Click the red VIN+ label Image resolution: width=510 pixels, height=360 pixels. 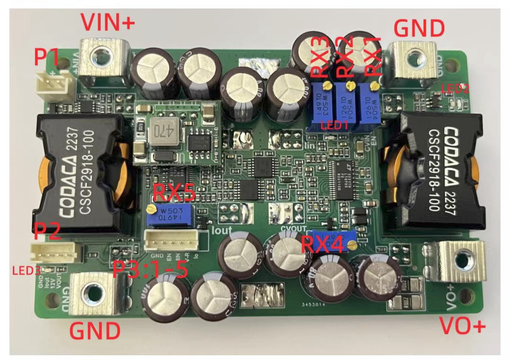(x=107, y=22)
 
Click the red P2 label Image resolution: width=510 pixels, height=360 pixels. (x=47, y=231)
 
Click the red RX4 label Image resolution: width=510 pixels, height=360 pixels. (x=327, y=244)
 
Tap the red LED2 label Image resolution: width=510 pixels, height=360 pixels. (x=455, y=88)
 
